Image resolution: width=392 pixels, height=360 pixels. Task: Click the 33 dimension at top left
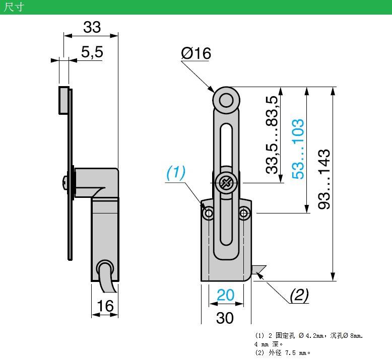92,27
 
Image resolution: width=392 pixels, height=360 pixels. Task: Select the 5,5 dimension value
91,52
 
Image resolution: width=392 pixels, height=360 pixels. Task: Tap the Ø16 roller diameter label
195,53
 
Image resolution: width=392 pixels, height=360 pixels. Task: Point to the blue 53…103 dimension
298,149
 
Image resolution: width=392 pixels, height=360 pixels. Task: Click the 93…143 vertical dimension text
324,179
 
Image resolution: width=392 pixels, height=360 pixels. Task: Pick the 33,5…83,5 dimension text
273,135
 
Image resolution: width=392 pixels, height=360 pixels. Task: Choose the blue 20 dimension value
225,295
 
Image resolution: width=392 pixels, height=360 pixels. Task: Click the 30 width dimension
225,317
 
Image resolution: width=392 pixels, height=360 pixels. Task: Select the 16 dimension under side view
105,306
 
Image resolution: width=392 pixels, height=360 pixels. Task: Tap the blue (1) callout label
176,173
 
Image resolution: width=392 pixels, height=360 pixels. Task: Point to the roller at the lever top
225,99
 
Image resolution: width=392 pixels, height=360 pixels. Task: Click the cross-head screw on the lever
225,183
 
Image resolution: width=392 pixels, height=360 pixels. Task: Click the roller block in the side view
64,100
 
